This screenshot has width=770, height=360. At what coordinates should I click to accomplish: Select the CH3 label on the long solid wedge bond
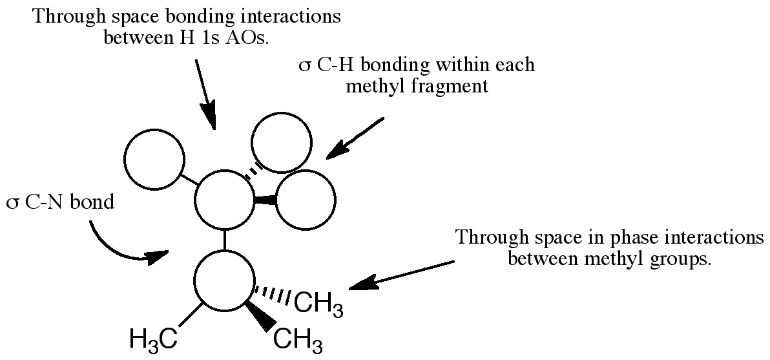tap(298, 340)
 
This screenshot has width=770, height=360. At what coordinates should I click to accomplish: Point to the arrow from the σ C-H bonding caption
tap(355, 137)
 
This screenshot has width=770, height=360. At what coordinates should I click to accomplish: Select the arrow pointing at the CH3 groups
tap(401, 274)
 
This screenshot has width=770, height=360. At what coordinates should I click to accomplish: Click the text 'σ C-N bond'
tap(59, 203)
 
